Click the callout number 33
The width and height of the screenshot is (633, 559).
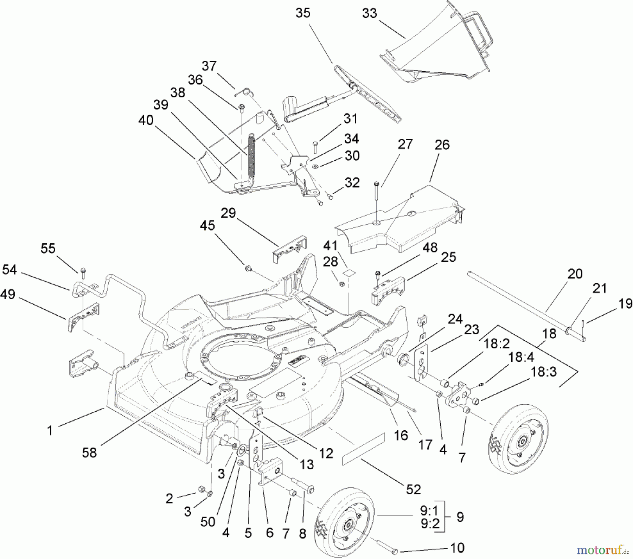tap(369, 14)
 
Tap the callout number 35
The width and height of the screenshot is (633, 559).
tap(303, 13)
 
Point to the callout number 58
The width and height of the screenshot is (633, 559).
tap(89, 452)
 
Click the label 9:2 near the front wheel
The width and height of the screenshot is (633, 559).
tap(430, 524)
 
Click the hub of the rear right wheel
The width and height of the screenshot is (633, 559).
tap(522, 441)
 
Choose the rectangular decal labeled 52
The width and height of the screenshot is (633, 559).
tap(363, 448)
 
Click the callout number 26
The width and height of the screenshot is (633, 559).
tap(442, 144)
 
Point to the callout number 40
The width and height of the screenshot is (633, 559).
tap(146, 120)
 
